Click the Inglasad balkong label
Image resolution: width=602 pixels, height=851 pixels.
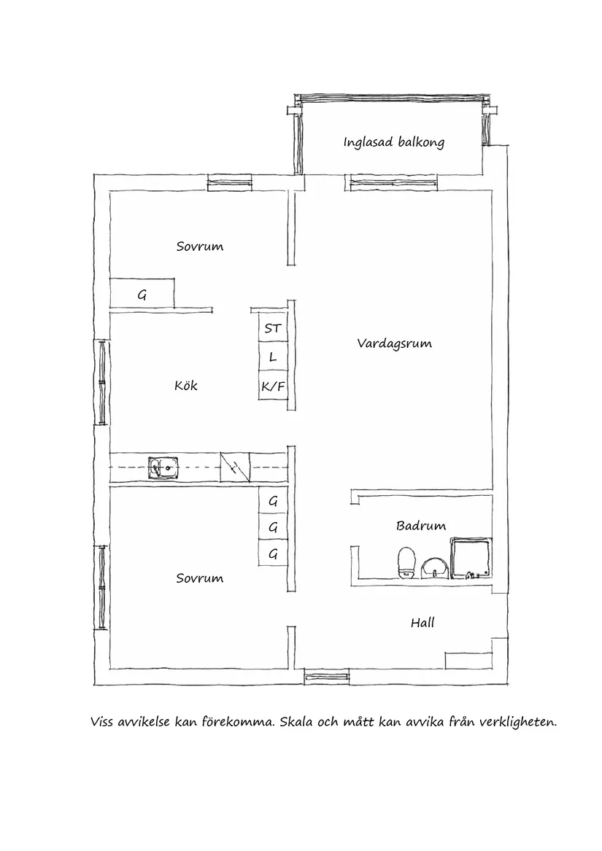pyautogui.click(x=393, y=142)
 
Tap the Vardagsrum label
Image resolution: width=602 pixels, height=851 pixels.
pyautogui.click(x=394, y=343)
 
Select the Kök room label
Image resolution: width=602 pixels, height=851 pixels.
pyautogui.click(x=186, y=385)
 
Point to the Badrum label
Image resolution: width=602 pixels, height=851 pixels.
pyautogui.click(x=421, y=525)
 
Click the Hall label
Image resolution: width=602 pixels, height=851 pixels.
pyautogui.click(x=422, y=623)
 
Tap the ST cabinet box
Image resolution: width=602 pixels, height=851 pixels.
pyautogui.click(x=272, y=329)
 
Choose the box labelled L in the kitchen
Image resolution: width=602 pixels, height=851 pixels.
pyautogui.click(x=272, y=357)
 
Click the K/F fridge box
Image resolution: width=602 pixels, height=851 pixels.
pyautogui.click(x=272, y=386)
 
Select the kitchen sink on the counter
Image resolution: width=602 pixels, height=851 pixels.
pyautogui.click(x=163, y=467)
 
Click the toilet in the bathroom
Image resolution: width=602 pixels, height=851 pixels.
pyautogui.click(x=406, y=562)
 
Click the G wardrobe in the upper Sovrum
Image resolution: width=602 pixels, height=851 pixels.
pyautogui.click(x=142, y=295)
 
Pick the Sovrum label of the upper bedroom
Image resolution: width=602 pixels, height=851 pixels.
pyautogui.click(x=199, y=246)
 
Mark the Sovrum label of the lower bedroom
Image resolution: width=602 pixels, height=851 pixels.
pyautogui.click(x=199, y=578)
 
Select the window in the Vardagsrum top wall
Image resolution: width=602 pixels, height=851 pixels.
pyautogui.click(x=392, y=182)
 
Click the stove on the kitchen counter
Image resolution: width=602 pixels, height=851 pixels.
pyautogui.click(x=235, y=467)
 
